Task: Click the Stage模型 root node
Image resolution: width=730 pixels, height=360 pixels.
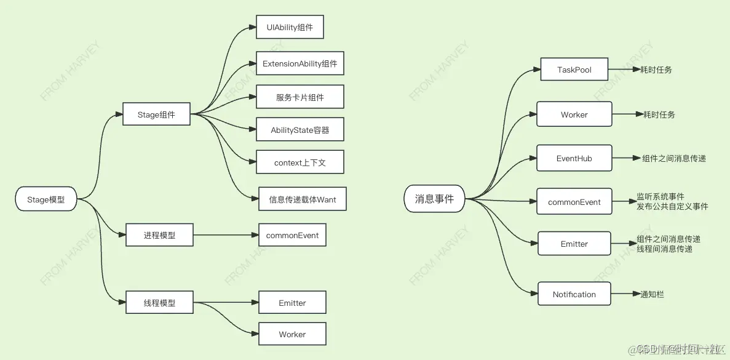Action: click(x=46, y=199)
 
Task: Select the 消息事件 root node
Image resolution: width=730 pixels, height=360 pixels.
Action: click(x=434, y=199)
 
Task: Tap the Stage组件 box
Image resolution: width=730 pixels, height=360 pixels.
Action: click(x=156, y=114)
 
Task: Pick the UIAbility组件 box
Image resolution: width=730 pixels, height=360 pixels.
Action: click(x=290, y=28)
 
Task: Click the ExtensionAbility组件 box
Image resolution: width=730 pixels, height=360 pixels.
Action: click(x=300, y=63)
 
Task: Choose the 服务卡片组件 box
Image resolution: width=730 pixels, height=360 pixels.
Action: click(x=300, y=97)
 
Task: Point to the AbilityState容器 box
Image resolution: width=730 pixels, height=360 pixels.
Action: click(x=300, y=130)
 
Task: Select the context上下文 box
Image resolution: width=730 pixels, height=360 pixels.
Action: click(x=300, y=162)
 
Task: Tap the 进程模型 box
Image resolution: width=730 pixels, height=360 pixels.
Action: click(x=159, y=236)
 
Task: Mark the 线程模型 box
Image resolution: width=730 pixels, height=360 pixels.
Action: click(x=159, y=302)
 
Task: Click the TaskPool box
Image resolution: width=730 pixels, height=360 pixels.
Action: click(x=574, y=70)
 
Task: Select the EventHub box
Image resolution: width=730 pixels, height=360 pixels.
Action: click(x=574, y=158)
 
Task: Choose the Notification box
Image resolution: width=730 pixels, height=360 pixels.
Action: click(x=574, y=294)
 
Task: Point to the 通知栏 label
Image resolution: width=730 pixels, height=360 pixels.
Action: click(x=652, y=295)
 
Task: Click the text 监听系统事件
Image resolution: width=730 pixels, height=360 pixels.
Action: click(x=661, y=197)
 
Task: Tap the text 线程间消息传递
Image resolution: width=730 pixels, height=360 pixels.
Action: click(x=664, y=249)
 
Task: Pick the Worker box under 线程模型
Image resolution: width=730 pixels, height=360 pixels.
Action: click(x=292, y=334)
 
